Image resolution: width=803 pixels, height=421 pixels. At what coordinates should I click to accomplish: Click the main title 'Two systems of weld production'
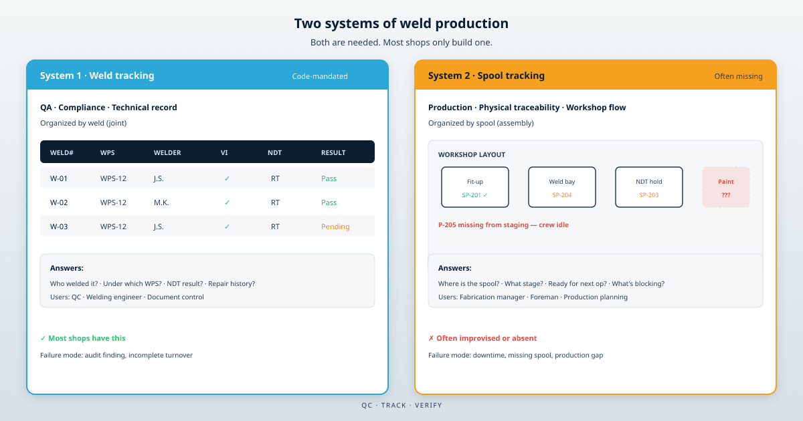[401, 23]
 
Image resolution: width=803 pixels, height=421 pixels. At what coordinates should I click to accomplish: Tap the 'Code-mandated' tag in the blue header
[320, 76]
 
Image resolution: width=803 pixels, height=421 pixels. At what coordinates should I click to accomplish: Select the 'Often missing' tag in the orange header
[738, 76]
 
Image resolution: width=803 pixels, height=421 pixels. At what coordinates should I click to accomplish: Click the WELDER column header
[167, 152]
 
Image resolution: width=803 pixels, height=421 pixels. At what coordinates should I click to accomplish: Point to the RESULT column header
[333, 152]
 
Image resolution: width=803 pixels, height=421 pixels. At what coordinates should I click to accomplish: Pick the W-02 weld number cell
[59, 202]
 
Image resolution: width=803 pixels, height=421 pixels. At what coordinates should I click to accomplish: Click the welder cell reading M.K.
[161, 202]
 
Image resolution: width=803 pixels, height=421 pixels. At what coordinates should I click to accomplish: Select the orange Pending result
[335, 227]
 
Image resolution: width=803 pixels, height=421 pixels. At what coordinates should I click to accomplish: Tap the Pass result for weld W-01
[329, 178]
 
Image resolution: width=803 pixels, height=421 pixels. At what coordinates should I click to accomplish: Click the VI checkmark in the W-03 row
[227, 227]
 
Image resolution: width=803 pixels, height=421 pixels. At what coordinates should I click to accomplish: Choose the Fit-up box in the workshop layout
[475, 187]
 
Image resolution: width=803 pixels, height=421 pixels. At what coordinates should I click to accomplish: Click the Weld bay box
[562, 187]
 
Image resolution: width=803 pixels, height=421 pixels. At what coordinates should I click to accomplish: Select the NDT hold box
[649, 187]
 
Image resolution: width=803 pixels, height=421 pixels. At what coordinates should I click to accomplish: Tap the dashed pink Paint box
[726, 187]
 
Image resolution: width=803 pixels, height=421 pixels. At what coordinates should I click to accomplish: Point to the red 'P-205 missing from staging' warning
[503, 225]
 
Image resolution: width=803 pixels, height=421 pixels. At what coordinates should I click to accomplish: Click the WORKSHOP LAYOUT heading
[471, 154]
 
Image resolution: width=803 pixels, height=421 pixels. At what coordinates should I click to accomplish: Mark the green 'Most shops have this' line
[83, 338]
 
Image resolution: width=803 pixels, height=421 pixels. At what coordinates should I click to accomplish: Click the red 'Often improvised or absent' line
[482, 338]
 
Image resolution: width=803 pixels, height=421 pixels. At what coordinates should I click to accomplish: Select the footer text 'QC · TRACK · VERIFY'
[401, 405]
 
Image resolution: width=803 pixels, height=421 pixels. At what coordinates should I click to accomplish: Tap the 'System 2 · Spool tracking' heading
[486, 76]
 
